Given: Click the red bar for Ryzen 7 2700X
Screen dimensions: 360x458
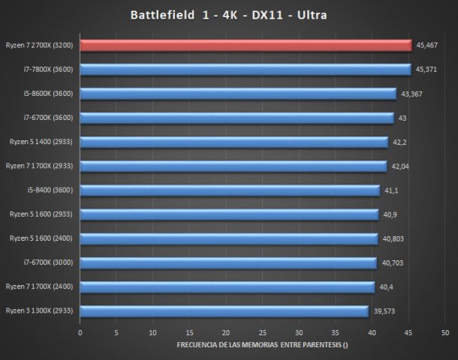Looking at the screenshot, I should click(x=246, y=46).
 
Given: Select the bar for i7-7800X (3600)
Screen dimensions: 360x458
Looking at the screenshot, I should click(x=245, y=70).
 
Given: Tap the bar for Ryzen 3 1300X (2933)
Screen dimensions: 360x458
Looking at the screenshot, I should click(x=224, y=310).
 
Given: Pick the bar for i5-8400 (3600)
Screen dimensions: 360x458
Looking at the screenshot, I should click(x=229, y=190).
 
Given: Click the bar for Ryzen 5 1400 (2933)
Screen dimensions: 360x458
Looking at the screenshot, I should click(x=234, y=142).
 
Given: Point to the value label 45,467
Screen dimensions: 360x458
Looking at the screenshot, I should click(x=427, y=46).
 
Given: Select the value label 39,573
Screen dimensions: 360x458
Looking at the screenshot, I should click(x=384, y=310).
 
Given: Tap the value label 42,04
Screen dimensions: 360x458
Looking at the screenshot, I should click(x=399, y=166).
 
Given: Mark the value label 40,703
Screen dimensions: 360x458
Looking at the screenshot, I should click(x=392, y=262).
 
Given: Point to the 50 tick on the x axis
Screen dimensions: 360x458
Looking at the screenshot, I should click(x=445, y=331).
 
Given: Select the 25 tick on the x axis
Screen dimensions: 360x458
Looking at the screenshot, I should click(x=262, y=331).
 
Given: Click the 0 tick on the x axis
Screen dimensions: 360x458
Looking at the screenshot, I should click(x=80, y=331).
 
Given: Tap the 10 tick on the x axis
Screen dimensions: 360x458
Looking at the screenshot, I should click(x=152, y=331).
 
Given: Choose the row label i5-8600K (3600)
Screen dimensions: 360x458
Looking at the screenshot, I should click(x=47, y=94).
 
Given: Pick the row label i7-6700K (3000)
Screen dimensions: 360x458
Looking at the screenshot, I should click(x=47, y=262).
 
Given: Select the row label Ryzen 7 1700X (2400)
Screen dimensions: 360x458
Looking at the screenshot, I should click(x=39, y=286).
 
